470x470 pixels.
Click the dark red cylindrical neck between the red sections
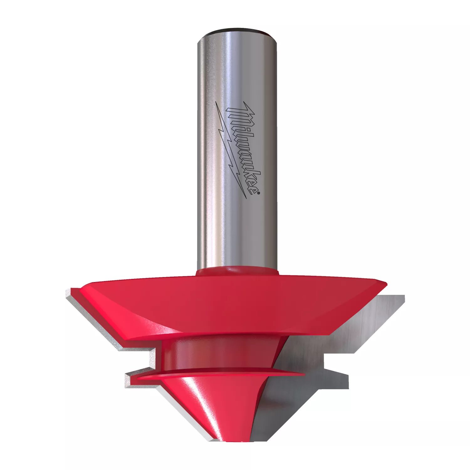coord(219,352)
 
